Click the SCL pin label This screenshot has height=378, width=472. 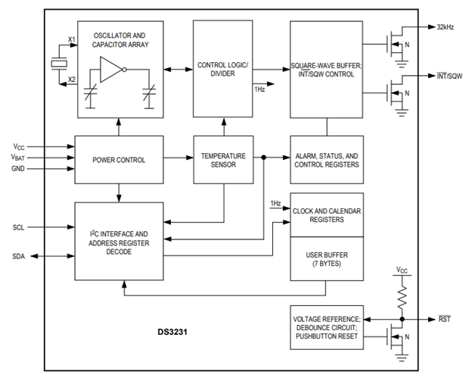tap(18, 227)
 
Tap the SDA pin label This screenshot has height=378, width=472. tap(18, 256)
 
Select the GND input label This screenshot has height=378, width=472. tap(17, 168)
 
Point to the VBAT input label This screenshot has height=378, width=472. tap(17, 158)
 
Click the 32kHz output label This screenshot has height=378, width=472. tap(446, 27)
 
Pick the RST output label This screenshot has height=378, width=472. tap(444, 319)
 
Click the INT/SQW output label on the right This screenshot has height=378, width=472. tap(449, 76)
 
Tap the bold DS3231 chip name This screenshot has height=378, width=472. tap(172, 332)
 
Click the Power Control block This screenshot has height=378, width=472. tap(119, 160)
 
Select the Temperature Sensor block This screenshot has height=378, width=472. tap(223, 160)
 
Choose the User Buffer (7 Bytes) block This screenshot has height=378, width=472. tap(327, 259)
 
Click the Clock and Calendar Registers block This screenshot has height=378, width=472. tap(327, 215)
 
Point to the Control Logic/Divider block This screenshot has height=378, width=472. tap(222, 69)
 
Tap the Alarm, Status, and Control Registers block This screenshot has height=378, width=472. tap(327, 160)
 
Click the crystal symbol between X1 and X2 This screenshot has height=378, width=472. tap(59, 64)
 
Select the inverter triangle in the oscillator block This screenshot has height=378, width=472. tap(110, 70)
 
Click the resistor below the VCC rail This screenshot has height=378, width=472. tap(402, 297)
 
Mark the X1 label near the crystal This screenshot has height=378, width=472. tap(72, 39)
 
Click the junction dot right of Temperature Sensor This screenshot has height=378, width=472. tap(264, 158)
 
